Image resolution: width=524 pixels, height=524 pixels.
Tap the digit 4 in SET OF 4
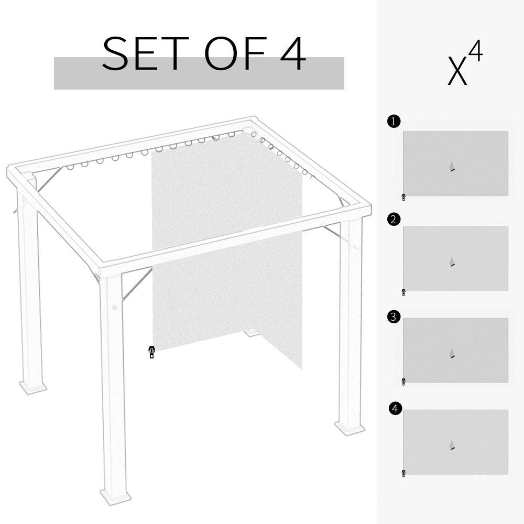tap(293, 54)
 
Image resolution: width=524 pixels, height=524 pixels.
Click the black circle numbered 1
tap(394, 122)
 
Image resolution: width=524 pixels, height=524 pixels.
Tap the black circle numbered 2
tap(394, 220)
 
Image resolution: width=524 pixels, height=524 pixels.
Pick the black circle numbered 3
tap(394, 316)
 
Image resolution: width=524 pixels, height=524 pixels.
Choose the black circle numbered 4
tap(396, 408)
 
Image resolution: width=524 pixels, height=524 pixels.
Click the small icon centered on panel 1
tap(452, 167)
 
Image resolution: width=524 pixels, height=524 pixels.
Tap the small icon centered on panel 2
tap(452, 261)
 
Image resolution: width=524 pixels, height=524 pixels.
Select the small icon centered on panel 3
tap(452, 354)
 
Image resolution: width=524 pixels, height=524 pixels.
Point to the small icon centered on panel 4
tap(452, 445)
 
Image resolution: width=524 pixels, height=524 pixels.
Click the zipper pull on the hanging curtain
tap(152, 352)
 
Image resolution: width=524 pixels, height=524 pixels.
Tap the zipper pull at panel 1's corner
tap(403, 198)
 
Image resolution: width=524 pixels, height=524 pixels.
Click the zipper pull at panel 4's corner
tap(403, 474)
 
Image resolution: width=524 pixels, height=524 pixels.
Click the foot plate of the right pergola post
tap(350, 429)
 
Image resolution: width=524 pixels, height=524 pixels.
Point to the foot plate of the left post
tap(33, 388)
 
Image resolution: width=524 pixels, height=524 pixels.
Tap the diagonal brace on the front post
tap(136, 285)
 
